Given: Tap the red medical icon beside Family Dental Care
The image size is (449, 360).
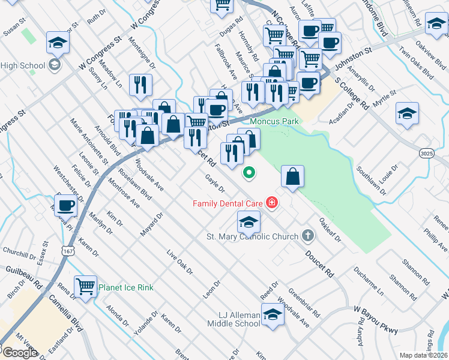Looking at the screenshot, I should (x=272, y=203).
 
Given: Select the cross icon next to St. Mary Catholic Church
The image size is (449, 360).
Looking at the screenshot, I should (x=308, y=236).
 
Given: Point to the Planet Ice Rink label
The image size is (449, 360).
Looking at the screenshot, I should (x=126, y=287).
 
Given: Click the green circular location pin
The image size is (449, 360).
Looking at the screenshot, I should (x=249, y=173).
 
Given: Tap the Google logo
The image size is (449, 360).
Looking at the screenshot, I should (x=20, y=352).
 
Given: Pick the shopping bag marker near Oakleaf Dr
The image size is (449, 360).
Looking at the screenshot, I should (x=292, y=177).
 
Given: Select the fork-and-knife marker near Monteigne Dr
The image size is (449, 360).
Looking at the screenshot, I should (x=140, y=85).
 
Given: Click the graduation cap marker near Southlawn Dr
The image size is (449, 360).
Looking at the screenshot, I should (x=407, y=113).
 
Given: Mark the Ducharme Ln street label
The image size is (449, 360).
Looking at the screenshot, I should (x=369, y=283).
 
